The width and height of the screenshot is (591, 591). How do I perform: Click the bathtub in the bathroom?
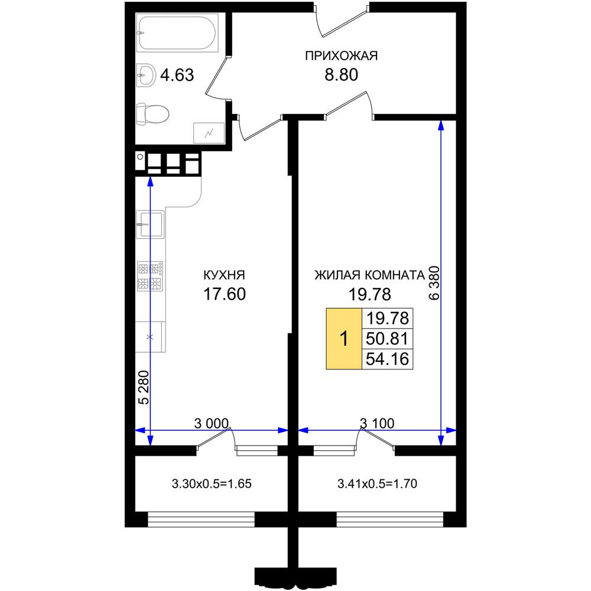[177, 33]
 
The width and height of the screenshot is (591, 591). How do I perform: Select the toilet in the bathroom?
[152, 114]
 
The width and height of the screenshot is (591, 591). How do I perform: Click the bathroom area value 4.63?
[177, 75]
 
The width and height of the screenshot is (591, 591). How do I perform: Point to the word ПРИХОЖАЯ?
[341, 56]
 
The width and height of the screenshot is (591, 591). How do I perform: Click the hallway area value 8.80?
[341, 74]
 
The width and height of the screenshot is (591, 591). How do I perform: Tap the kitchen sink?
[150, 225]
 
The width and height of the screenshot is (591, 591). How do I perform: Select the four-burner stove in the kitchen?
[150, 276]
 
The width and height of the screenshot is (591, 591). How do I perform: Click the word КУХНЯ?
[224, 275]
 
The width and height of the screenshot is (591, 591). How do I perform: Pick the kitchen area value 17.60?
[224, 294]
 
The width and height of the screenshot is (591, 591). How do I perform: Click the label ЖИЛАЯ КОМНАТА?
[370, 275]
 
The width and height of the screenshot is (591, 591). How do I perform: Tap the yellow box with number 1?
[344, 339]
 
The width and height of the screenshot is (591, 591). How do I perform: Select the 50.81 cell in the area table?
[387, 339]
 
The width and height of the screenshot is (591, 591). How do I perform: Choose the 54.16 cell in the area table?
[387, 359]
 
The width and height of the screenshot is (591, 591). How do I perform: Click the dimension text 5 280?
[144, 388]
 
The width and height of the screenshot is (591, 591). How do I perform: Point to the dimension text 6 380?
[434, 282]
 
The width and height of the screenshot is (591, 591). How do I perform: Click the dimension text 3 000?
[212, 423]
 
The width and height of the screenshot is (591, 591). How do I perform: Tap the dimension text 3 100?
[377, 423]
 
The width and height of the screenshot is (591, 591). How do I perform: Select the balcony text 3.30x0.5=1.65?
[212, 483]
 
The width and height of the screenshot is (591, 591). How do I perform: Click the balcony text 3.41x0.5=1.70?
[377, 483]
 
